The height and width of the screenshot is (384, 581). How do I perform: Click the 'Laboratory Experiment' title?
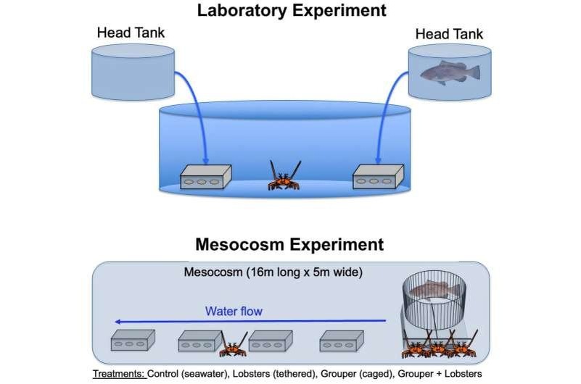coord(292,11)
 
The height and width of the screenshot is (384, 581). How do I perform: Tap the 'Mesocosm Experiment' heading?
coord(289,245)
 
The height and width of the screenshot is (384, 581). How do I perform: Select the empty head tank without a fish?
coord(133,72)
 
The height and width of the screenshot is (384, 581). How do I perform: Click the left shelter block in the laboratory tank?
coord(206,177)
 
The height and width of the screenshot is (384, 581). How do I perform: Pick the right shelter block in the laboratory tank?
coord(378,177)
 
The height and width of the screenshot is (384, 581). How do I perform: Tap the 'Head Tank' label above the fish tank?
coord(449,34)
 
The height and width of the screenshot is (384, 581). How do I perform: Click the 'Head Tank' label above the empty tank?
coord(131,33)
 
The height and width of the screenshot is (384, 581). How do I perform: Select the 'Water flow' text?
coord(234,311)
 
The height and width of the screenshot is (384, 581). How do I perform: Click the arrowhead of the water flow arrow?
coord(118,322)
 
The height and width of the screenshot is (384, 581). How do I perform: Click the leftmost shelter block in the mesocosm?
coord(133,341)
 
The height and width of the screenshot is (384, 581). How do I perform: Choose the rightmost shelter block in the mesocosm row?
coord(342,341)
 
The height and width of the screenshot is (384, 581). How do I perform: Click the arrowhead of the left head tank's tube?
coord(206,161)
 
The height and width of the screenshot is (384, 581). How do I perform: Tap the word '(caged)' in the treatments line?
coord(375,374)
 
